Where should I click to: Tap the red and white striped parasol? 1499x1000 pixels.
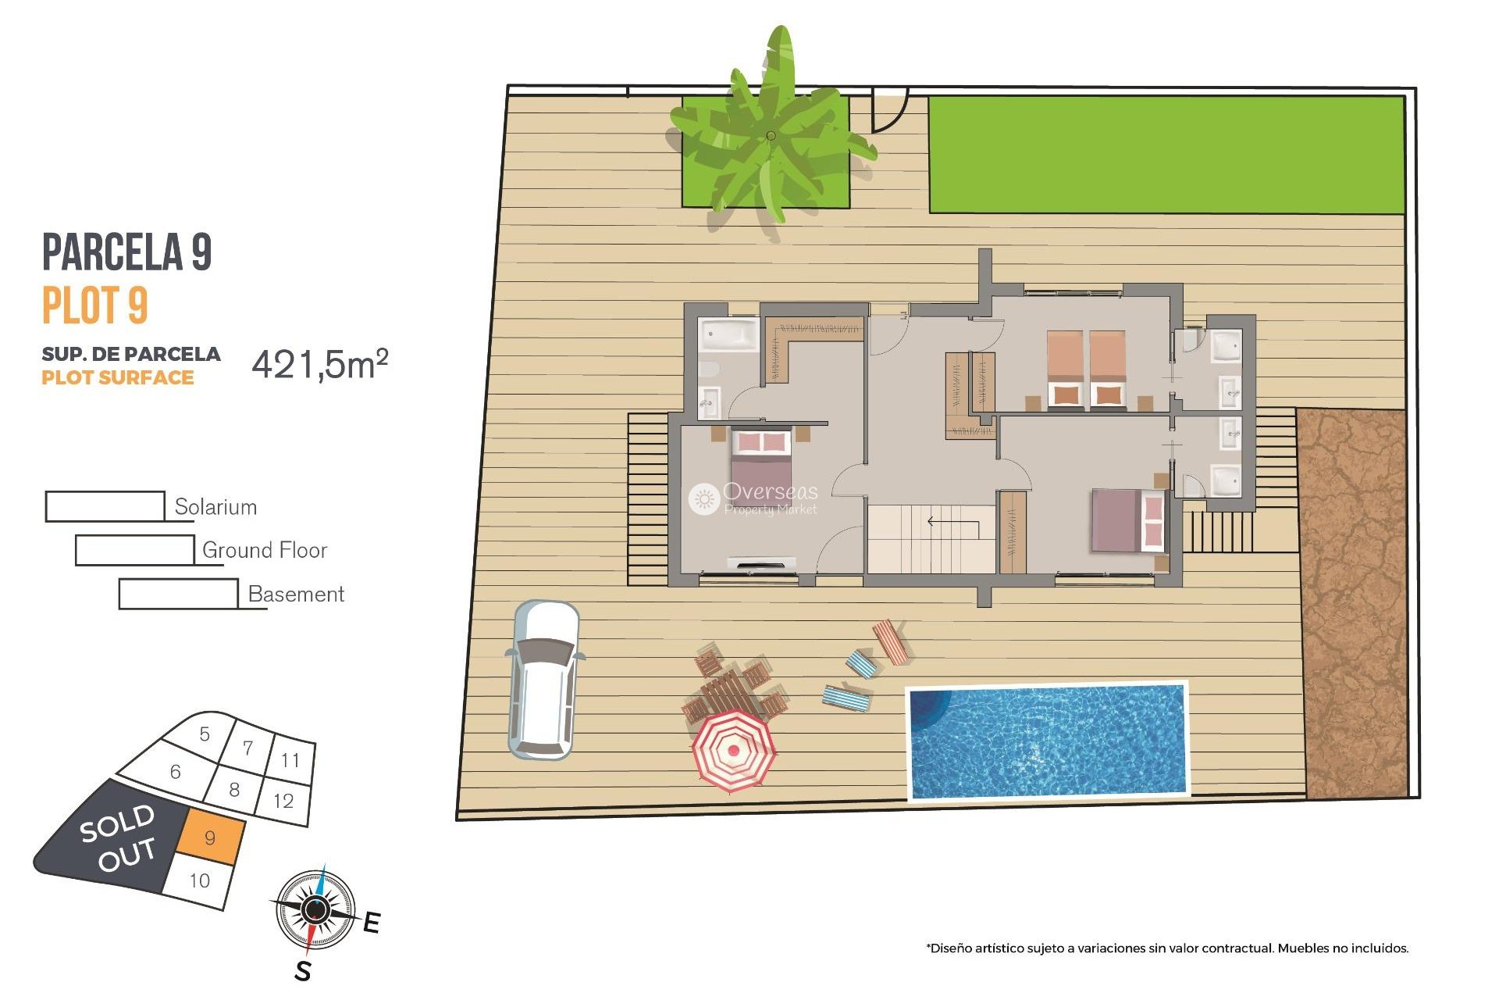click(x=733, y=750)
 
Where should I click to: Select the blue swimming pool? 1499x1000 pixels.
click(x=1048, y=741)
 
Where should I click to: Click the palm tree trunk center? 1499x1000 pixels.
click(x=771, y=136)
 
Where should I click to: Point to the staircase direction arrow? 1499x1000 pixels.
click(x=952, y=523)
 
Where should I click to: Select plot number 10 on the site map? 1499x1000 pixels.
click(x=200, y=880)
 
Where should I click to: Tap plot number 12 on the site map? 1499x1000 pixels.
click(x=283, y=800)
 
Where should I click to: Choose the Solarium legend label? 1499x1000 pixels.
click(x=215, y=507)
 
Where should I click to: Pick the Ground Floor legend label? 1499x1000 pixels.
click(x=264, y=550)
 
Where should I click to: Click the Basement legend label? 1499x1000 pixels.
click(x=296, y=594)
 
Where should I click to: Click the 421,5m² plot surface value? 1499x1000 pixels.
click(x=319, y=364)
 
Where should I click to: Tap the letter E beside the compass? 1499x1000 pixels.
click(x=372, y=923)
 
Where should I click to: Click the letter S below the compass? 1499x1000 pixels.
click(x=303, y=971)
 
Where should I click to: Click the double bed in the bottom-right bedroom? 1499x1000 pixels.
click(x=1127, y=520)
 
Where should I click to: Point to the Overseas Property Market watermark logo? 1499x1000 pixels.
click(x=704, y=498)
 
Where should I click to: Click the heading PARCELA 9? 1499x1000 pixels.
click(x=126, y=252)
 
